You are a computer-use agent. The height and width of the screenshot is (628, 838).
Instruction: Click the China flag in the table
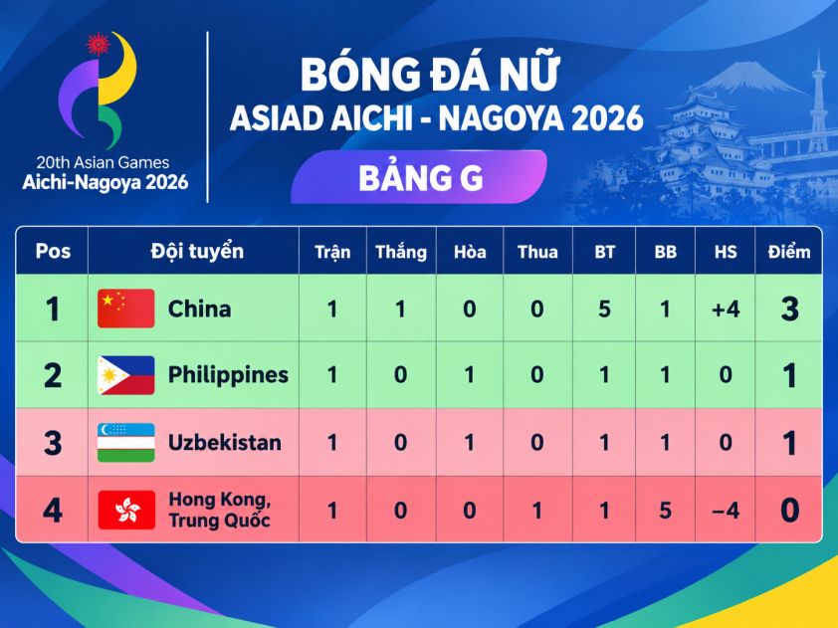(x=126, y=309)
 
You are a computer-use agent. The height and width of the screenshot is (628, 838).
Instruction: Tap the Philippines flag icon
(x=126, y=375)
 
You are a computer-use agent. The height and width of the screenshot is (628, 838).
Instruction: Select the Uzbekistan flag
(x=126, y=443)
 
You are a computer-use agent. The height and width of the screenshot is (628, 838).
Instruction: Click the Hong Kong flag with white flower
(x=126, y=510)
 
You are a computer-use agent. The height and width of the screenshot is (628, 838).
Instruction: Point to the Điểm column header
(x=789, y=252)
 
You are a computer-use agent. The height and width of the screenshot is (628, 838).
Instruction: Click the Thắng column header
(x=401, y=252)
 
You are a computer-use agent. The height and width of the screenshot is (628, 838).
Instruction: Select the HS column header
(x=726, y=252)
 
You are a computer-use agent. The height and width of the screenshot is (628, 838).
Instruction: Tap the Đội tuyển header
(x=197, y=251)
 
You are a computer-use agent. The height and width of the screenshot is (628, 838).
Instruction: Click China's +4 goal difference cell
(x=726, y=310)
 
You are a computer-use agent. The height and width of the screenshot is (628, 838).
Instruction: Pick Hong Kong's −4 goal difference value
(x=726, y=511)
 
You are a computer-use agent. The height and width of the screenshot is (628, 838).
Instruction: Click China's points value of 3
(x=789, y=309)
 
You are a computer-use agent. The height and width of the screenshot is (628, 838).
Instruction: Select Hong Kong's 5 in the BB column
(x=665, y=511)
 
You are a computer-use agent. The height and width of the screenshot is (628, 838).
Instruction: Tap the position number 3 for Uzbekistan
(x=53, y=443)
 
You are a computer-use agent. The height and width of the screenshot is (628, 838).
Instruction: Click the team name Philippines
(x=228, y=375)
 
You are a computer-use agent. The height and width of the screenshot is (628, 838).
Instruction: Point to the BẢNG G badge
(x=419, y=177)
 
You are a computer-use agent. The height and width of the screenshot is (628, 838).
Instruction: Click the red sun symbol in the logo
(x=99, y=44)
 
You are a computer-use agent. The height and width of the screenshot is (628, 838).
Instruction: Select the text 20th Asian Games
(x=103, y=162)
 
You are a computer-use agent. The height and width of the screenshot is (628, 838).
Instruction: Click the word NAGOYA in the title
(x=502, y=118)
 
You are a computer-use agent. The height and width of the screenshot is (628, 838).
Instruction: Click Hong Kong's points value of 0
(x=789, y=511)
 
